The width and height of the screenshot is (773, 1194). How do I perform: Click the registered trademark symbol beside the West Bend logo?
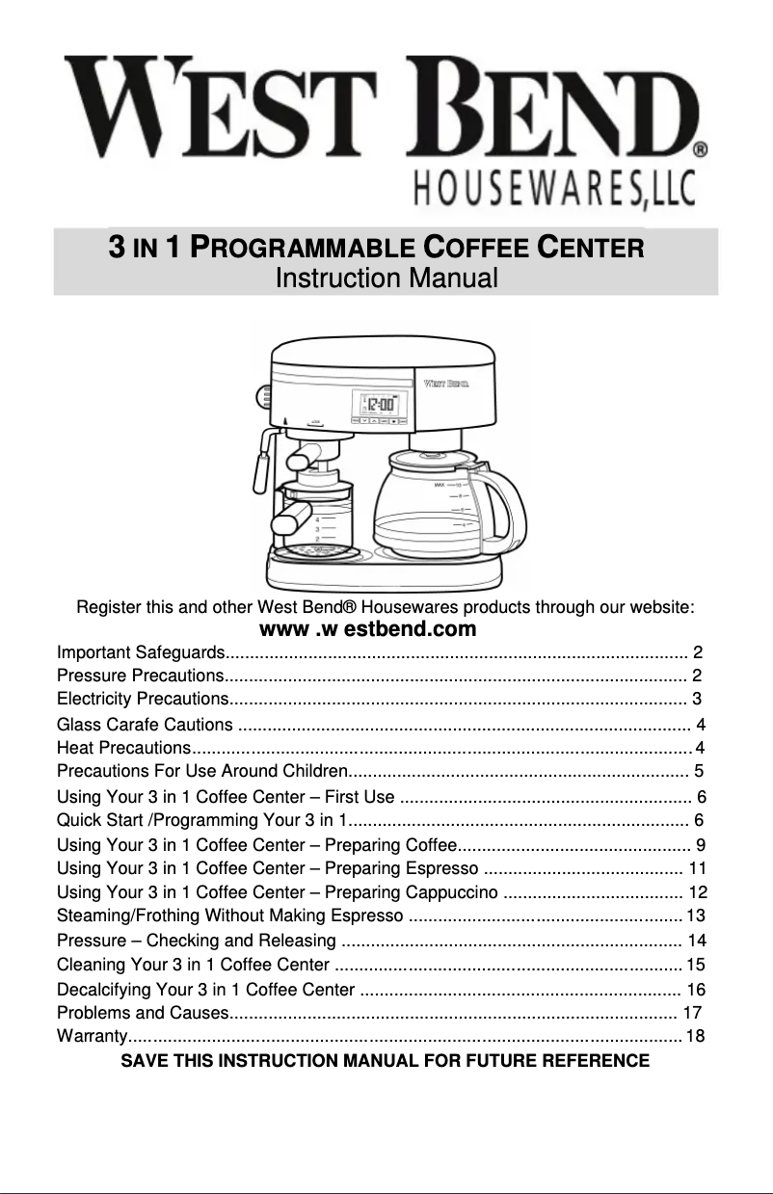(x=701, y=149)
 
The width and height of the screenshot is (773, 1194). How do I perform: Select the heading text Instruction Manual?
(x=386, y=279)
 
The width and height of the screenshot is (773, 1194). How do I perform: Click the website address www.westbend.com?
(x=369, y=630)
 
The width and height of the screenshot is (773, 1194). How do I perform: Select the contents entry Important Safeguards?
(x=142, y=652)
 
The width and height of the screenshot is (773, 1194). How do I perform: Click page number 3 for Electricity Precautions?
(x=696, y=698)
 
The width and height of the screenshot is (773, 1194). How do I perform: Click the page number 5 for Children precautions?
(x=698, y=771)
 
